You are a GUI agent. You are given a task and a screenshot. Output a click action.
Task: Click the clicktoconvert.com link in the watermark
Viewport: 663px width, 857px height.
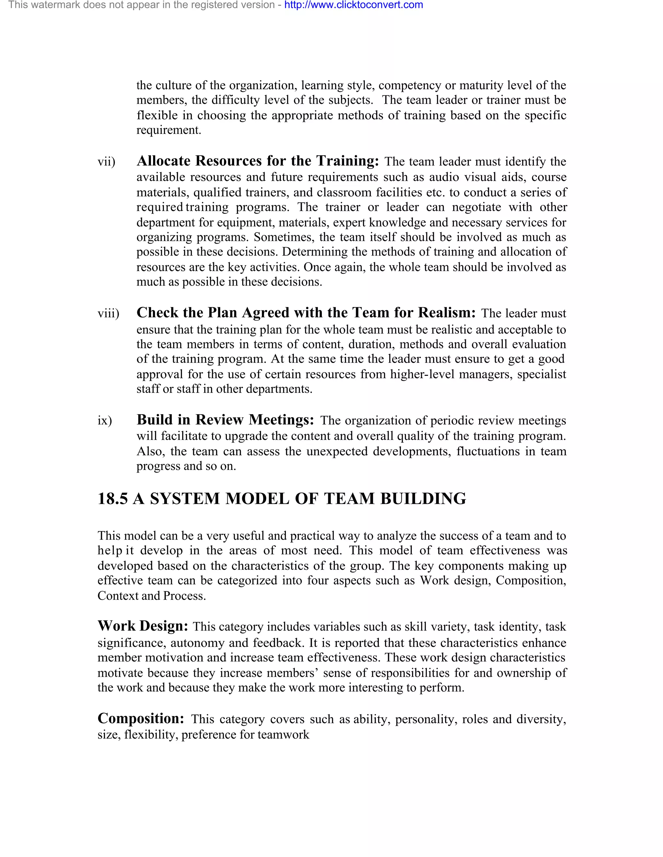[354, 5]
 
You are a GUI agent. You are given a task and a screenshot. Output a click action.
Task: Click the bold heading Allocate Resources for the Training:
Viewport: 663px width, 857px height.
[258, 161]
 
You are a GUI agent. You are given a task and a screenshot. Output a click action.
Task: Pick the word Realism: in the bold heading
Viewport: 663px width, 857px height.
[446, 313]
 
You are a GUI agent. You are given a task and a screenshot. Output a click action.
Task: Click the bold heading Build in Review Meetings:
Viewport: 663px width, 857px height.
[225, 420]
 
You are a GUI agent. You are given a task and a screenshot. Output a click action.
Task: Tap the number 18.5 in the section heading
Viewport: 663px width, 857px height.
[112, 499]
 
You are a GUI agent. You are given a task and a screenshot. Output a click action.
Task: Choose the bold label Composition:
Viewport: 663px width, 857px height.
[140, 719]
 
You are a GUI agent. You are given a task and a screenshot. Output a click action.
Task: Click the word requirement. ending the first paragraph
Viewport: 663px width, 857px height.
[168, 130]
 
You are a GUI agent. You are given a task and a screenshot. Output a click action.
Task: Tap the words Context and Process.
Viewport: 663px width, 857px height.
[152, 596]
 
